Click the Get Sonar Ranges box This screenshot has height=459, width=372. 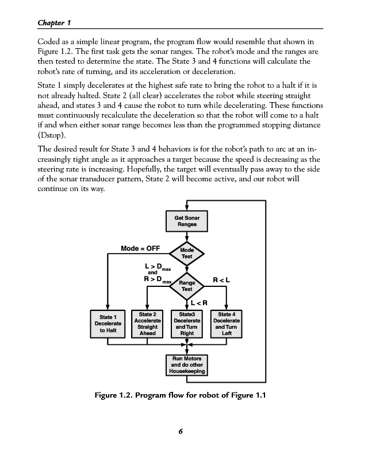187,221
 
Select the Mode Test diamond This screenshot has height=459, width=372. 187,253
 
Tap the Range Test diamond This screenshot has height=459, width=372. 187,286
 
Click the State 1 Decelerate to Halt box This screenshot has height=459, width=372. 108,324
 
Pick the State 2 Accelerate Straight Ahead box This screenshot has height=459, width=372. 148,323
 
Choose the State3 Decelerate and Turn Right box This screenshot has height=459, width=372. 187,323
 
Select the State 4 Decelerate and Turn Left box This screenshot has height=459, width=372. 226,323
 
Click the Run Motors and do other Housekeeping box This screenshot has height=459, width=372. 187,364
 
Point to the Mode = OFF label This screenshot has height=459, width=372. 140,248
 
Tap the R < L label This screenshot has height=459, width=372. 221,281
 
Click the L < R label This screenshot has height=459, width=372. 198,302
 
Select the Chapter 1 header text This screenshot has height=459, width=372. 53,22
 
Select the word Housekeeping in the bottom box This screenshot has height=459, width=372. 187,371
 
